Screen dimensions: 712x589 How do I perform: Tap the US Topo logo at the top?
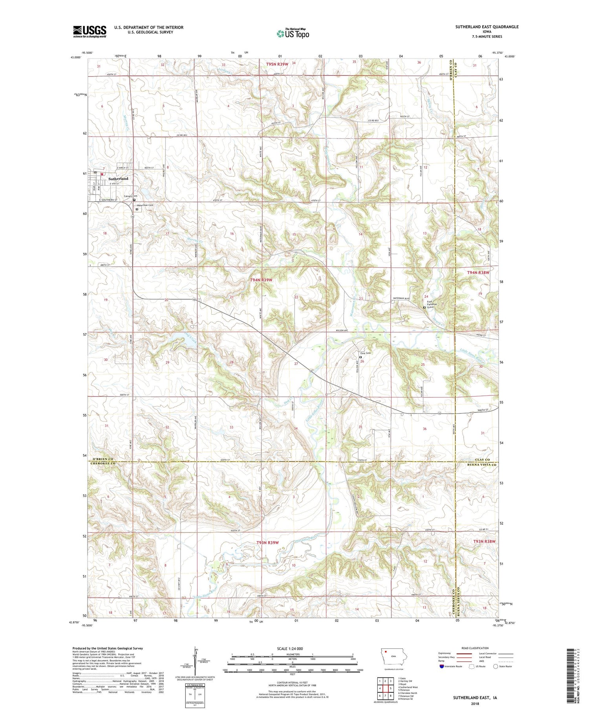(x=293, y=34)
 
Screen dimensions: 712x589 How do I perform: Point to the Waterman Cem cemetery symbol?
(x=137, y=209)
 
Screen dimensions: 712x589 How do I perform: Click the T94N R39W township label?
(x=261, y=280)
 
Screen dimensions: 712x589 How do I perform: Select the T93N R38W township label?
(x=484, y=541)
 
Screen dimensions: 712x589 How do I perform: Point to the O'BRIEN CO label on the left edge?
(x=103, y=459)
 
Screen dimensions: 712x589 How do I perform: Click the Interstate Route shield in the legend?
(x=442, y=666)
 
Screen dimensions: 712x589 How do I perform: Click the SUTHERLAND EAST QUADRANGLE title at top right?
(x=481, y=27)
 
